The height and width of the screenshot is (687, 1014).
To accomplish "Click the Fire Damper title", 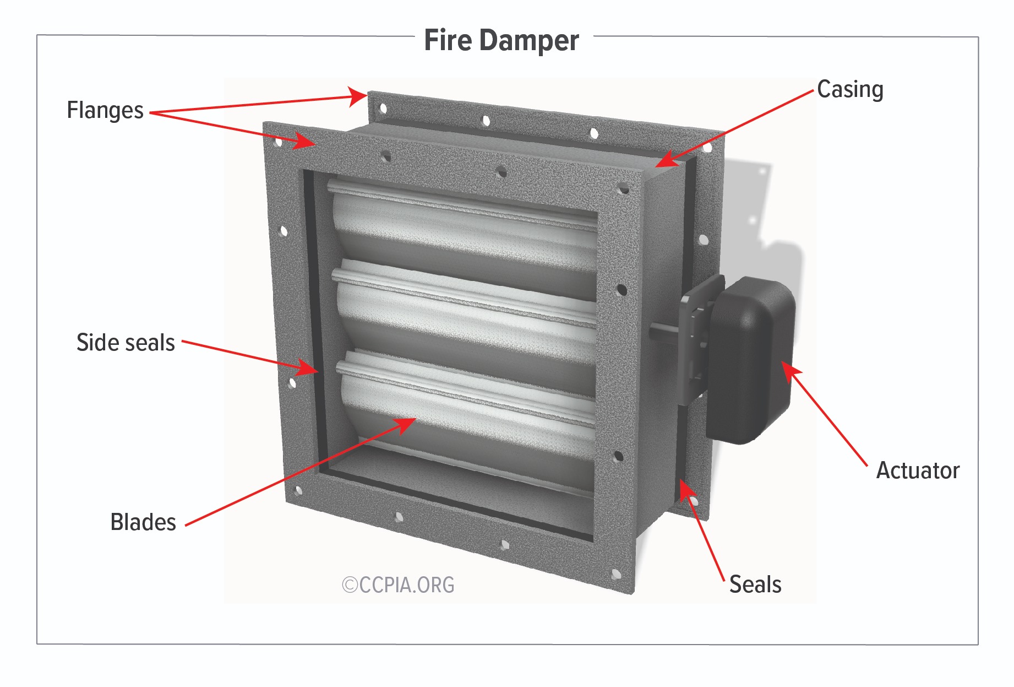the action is pos(501,40).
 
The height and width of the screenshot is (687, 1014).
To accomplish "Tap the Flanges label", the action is pos(105,110).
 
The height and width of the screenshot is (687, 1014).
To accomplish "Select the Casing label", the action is pos(850,89).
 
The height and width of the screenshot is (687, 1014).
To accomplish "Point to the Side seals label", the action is pos(126,343).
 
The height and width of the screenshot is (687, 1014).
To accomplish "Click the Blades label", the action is pos(143,522).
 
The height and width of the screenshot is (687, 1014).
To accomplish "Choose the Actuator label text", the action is pos(918,470).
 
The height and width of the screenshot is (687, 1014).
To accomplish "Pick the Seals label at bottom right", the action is pos(755,585).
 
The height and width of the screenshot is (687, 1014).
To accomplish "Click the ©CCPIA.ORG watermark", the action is pos(398,585).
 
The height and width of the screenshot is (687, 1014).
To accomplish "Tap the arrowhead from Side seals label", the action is pos(307,367).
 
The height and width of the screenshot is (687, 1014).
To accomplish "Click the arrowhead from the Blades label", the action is pos(405,425).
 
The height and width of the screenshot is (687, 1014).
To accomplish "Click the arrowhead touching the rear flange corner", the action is pos(357,97).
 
